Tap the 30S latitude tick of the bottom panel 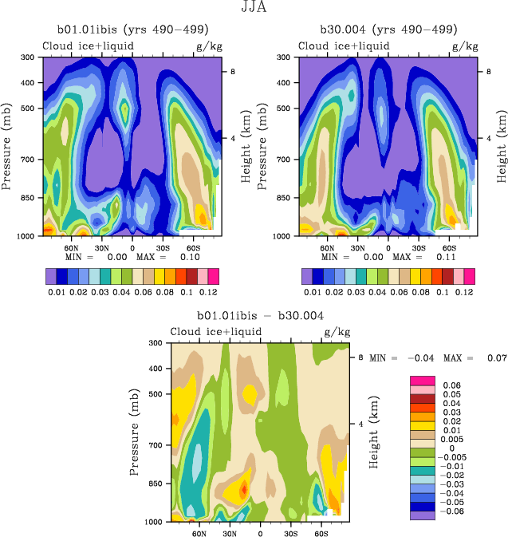click(291, 532)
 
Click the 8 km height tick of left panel click(232, 72)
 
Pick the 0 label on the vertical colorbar click(442, 448)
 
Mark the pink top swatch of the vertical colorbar click(422, 379)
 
